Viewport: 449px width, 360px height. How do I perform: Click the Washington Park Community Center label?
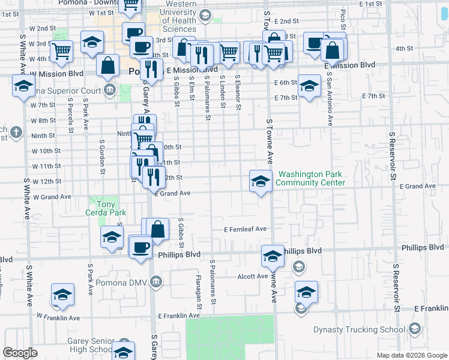(x=311, y=178)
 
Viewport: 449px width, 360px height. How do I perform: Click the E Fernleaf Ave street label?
(x=245, y=229)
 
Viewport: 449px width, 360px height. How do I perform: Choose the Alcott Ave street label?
(x=252, y=277)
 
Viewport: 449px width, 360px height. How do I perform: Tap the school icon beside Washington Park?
(x=261, y=181)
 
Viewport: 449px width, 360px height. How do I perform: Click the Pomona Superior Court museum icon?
(x=110, y=91)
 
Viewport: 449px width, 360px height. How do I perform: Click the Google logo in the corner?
(x=20, y=353)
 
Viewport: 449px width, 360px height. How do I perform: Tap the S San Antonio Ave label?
(x=330, y=100)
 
